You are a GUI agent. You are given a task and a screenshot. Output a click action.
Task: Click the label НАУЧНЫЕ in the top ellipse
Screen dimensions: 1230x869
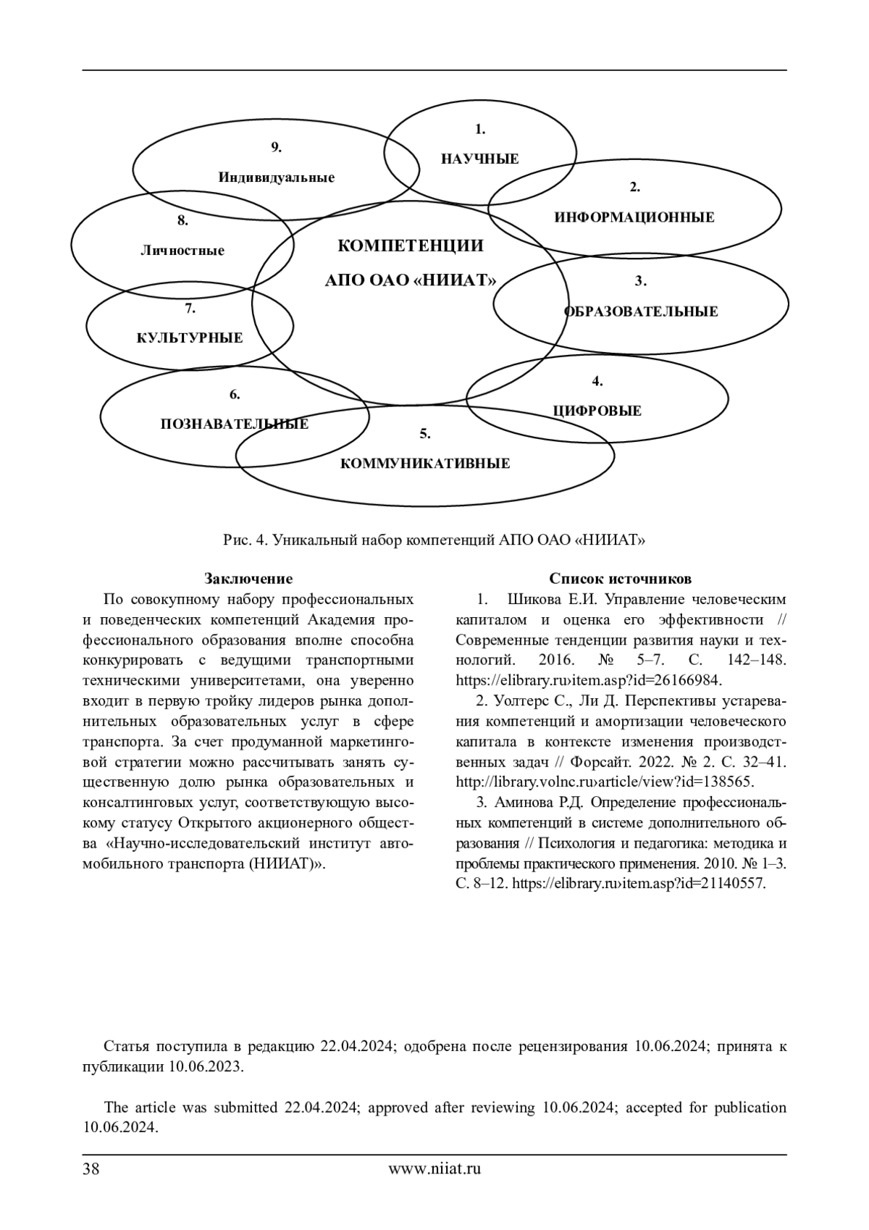[x=479, y=159]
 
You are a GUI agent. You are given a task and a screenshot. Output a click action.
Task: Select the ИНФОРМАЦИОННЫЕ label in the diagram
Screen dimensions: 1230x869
[x=634, y=217]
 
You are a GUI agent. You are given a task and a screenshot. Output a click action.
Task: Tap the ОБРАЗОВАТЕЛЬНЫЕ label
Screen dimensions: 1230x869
[x=641, y=311]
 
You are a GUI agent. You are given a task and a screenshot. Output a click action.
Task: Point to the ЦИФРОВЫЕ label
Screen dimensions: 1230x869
[x=597, y=411]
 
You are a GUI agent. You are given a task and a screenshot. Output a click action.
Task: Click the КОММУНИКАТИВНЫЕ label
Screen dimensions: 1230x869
[x=425, y=464]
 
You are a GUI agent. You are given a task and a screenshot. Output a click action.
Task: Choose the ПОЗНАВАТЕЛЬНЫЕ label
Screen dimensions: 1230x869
[x=234, y=424]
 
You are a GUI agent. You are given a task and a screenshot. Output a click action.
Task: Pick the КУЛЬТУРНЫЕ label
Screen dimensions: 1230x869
[x=190, y=338]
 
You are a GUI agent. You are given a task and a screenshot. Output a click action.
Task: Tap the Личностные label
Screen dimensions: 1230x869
[x=182, y=251]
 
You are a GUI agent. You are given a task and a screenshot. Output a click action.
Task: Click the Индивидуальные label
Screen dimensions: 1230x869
[x=276, y=177]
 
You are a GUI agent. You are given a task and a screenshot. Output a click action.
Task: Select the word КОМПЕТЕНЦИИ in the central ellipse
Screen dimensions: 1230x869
[x=411, y=246]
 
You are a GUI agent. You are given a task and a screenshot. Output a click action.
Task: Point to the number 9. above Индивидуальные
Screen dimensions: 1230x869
[x=276, y=147]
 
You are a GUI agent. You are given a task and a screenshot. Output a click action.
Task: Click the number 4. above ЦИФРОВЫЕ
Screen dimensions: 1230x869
[x=597, y=381]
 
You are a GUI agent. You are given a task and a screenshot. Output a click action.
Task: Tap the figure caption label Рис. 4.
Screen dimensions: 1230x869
[x=246, y=540]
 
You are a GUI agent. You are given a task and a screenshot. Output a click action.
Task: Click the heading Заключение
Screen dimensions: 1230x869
[x=248, y=579]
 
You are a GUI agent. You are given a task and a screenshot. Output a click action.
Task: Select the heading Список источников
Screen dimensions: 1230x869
[x=620, y=579]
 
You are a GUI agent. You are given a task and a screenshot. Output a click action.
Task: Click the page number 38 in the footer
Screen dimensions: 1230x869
[x=91, y=1168]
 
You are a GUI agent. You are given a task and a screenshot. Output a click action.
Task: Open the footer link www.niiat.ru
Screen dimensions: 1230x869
[x=434, y=1168]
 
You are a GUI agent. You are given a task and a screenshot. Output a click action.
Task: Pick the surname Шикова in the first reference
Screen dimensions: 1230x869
[x=533, y=600]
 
